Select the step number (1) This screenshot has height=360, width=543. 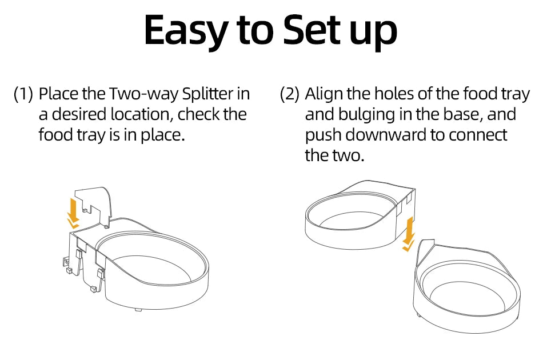pyautogui.click(x=23, y=94)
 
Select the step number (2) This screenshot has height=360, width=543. pyautogui.click(x=289, y=94)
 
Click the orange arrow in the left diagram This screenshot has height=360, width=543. pyautogui.click(x=73, y=210)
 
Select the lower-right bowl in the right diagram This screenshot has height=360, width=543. pyautogui.click(x=469, y=291)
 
